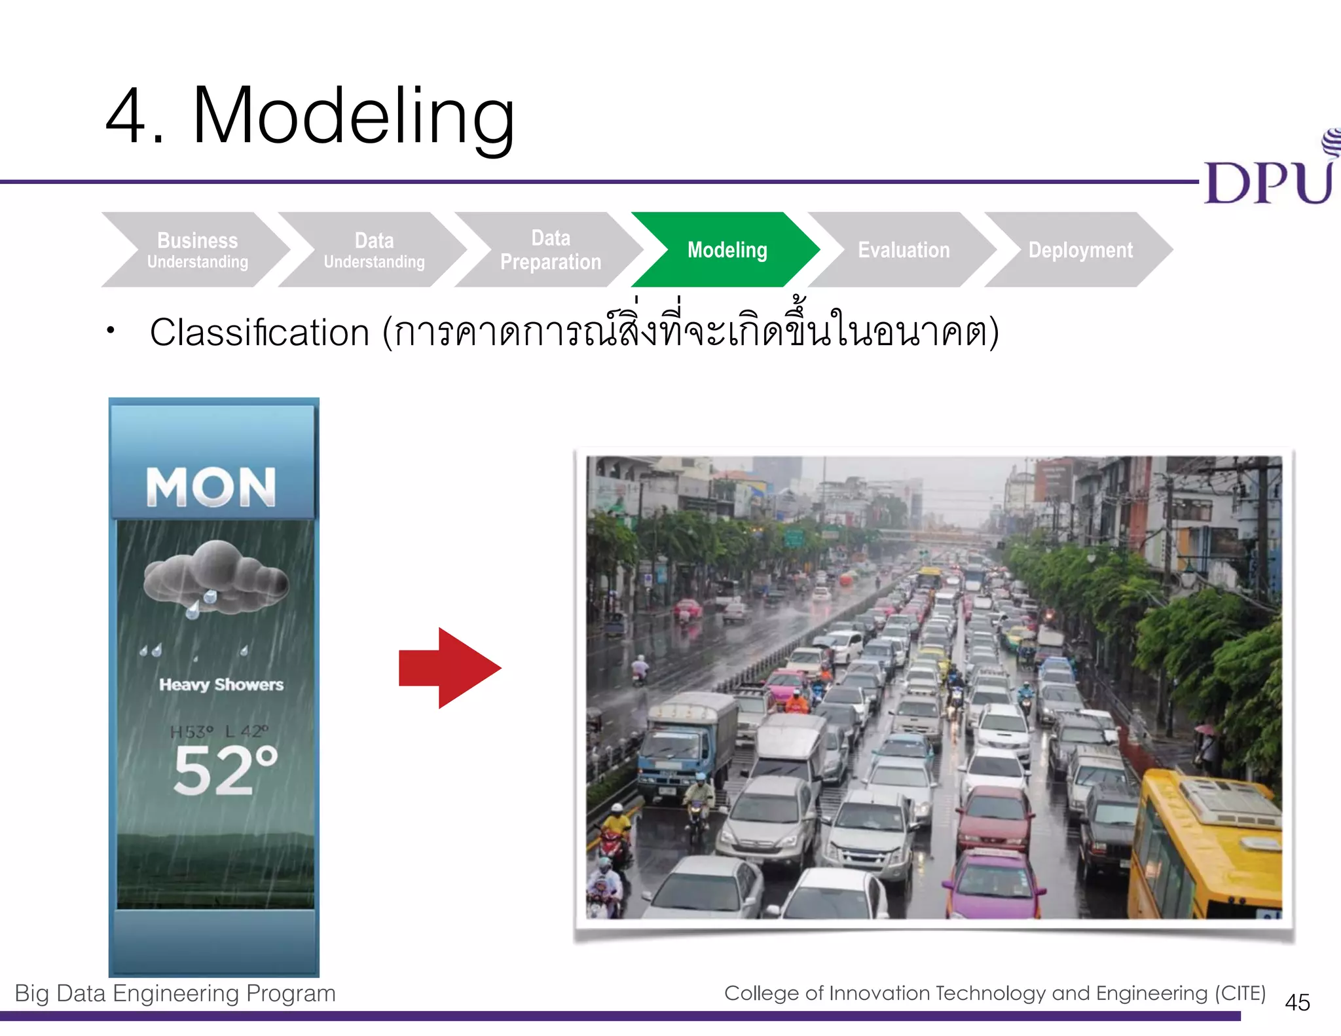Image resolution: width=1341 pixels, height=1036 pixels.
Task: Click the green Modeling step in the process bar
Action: click(x=727, y=250)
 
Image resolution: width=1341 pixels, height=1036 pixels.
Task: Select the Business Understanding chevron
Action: click(x=197, y=250)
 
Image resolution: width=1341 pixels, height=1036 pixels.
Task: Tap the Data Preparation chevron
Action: click(x=550, y=250)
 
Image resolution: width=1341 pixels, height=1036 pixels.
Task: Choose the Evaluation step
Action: click(x=904, y=250)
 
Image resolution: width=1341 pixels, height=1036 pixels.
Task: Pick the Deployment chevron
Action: click(x=1080, y=250)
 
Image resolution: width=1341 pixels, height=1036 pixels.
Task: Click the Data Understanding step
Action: click(x=374, y=250)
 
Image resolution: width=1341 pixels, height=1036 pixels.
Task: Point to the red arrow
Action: click(x=450, y=668)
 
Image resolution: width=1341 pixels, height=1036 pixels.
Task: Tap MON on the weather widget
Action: click(x=211, y=487)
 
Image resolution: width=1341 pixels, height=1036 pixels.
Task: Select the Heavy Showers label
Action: click(x=221, y=684)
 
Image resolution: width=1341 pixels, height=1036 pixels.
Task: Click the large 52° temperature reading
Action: click(x=225, y=771)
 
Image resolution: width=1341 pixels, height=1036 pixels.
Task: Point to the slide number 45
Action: click(x=1297, y=1003)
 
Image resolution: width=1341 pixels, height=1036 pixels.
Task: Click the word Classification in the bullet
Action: click(x=260, y=333)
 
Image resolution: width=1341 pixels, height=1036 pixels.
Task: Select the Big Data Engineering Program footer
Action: click(x=175, y=993)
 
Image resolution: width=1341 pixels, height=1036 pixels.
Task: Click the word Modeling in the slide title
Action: click(x=354, y=117)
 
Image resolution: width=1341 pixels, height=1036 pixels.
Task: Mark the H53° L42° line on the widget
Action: click(x=219, y=731)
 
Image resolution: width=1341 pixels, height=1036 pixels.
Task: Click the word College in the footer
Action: click(x=762, y=993)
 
